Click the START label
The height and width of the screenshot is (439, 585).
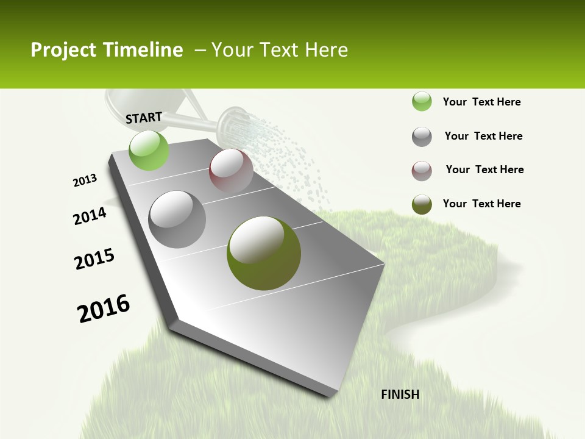tap(144, 117)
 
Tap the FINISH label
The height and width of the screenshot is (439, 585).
tap(400, 394)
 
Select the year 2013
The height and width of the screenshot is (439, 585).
tap(85, 180)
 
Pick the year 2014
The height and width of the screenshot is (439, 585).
tap(90, 216)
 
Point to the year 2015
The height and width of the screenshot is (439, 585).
tap(94, 259)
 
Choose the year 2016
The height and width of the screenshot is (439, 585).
tap(104, 308)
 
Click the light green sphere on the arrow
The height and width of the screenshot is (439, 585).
tap(149, 151)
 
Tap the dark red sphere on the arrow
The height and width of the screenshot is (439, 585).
tap(231, 170)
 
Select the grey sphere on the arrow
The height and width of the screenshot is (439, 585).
tap(177, 220)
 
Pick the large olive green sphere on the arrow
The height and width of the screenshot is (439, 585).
tap(264, 253)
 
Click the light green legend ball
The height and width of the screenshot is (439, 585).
tap(422, 102)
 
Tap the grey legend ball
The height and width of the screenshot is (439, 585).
tap(422, 137)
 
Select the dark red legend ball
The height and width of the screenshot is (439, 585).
tap(422, 171)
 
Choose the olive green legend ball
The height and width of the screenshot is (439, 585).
tap(422, 204)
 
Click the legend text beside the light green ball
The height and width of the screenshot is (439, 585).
tap(481, 102)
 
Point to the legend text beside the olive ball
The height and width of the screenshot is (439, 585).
tap(481, 204)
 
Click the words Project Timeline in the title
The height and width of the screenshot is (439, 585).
tap(107, 50)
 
